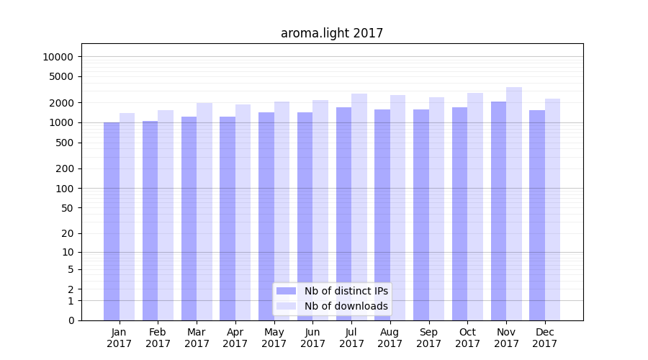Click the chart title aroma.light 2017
point(332,33)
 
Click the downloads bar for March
point(204,212)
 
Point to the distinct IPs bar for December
point(537,215)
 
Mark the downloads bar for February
point(166,215)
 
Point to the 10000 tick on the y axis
point(57,57)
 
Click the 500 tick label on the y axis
point(63,143)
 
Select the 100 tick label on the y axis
point(63,189)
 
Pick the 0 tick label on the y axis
point(71,320)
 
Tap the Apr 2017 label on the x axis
point(235,338)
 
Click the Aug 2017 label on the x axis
point(390,338)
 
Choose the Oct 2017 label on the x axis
point(467,338)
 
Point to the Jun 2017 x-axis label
point(312,338)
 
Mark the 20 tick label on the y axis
point(67,233)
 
